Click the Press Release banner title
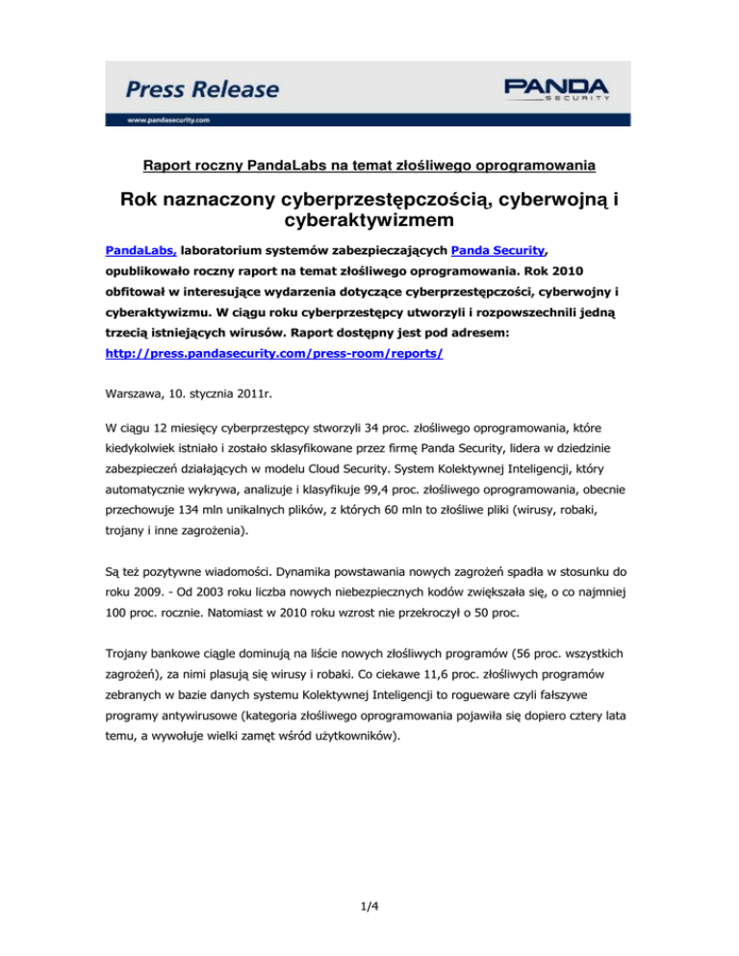[x=202, y=90]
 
